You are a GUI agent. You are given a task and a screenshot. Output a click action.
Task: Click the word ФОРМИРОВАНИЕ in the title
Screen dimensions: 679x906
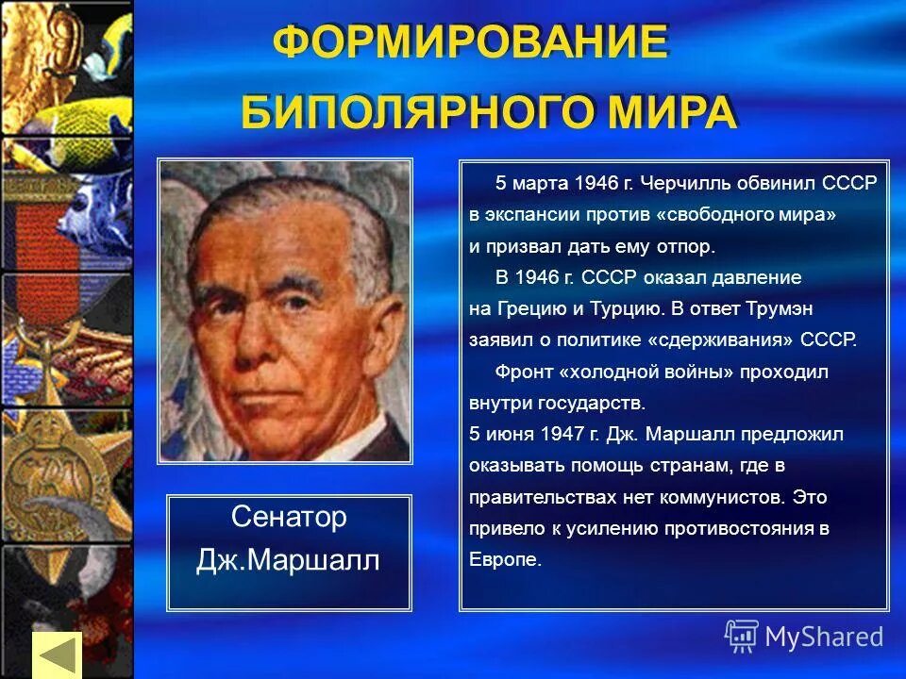470,43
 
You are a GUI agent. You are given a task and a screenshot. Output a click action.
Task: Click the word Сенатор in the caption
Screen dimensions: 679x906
289,517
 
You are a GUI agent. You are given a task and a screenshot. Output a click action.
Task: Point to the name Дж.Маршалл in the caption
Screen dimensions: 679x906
289,561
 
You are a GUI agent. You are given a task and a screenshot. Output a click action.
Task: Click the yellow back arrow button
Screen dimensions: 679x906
57,654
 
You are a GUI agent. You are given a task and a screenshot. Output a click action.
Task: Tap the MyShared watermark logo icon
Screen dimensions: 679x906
741,637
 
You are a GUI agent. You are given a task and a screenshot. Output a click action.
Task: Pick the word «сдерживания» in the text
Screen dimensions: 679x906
728,339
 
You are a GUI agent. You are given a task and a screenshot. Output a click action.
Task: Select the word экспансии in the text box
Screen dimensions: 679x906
523,214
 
